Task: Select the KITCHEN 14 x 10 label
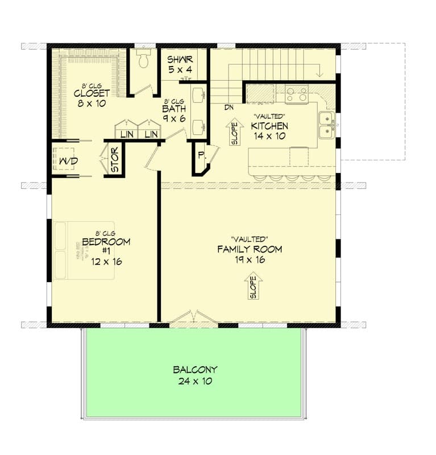pyautogui.click(x=269, y=131)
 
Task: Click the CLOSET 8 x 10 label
pyautogui.click(x=92, y=98)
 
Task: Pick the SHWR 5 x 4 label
pyautogui.click(x=180, y=64)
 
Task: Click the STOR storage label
pyautogui.click(x=115, y=160)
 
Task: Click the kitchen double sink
pyautogui.click(x=326, y=125)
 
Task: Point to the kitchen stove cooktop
pyautogui.click(x=297, y=94)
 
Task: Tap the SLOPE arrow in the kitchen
pyautogui.click(x=233, y=132)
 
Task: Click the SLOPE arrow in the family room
pyautogui.click(x=253, y=286)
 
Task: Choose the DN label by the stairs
pyautogui.click(x=229, y=107)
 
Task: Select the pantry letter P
pyautogui.click(x=201, y=155)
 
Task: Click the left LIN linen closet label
pyautogui.click(x=127, y=134)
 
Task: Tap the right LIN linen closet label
pyautogui.click(x=150, y=134)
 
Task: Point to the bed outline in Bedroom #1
pyautogui.click(x=84, y=250)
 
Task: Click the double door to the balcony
pyautogui.click(x=193, y=318)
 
